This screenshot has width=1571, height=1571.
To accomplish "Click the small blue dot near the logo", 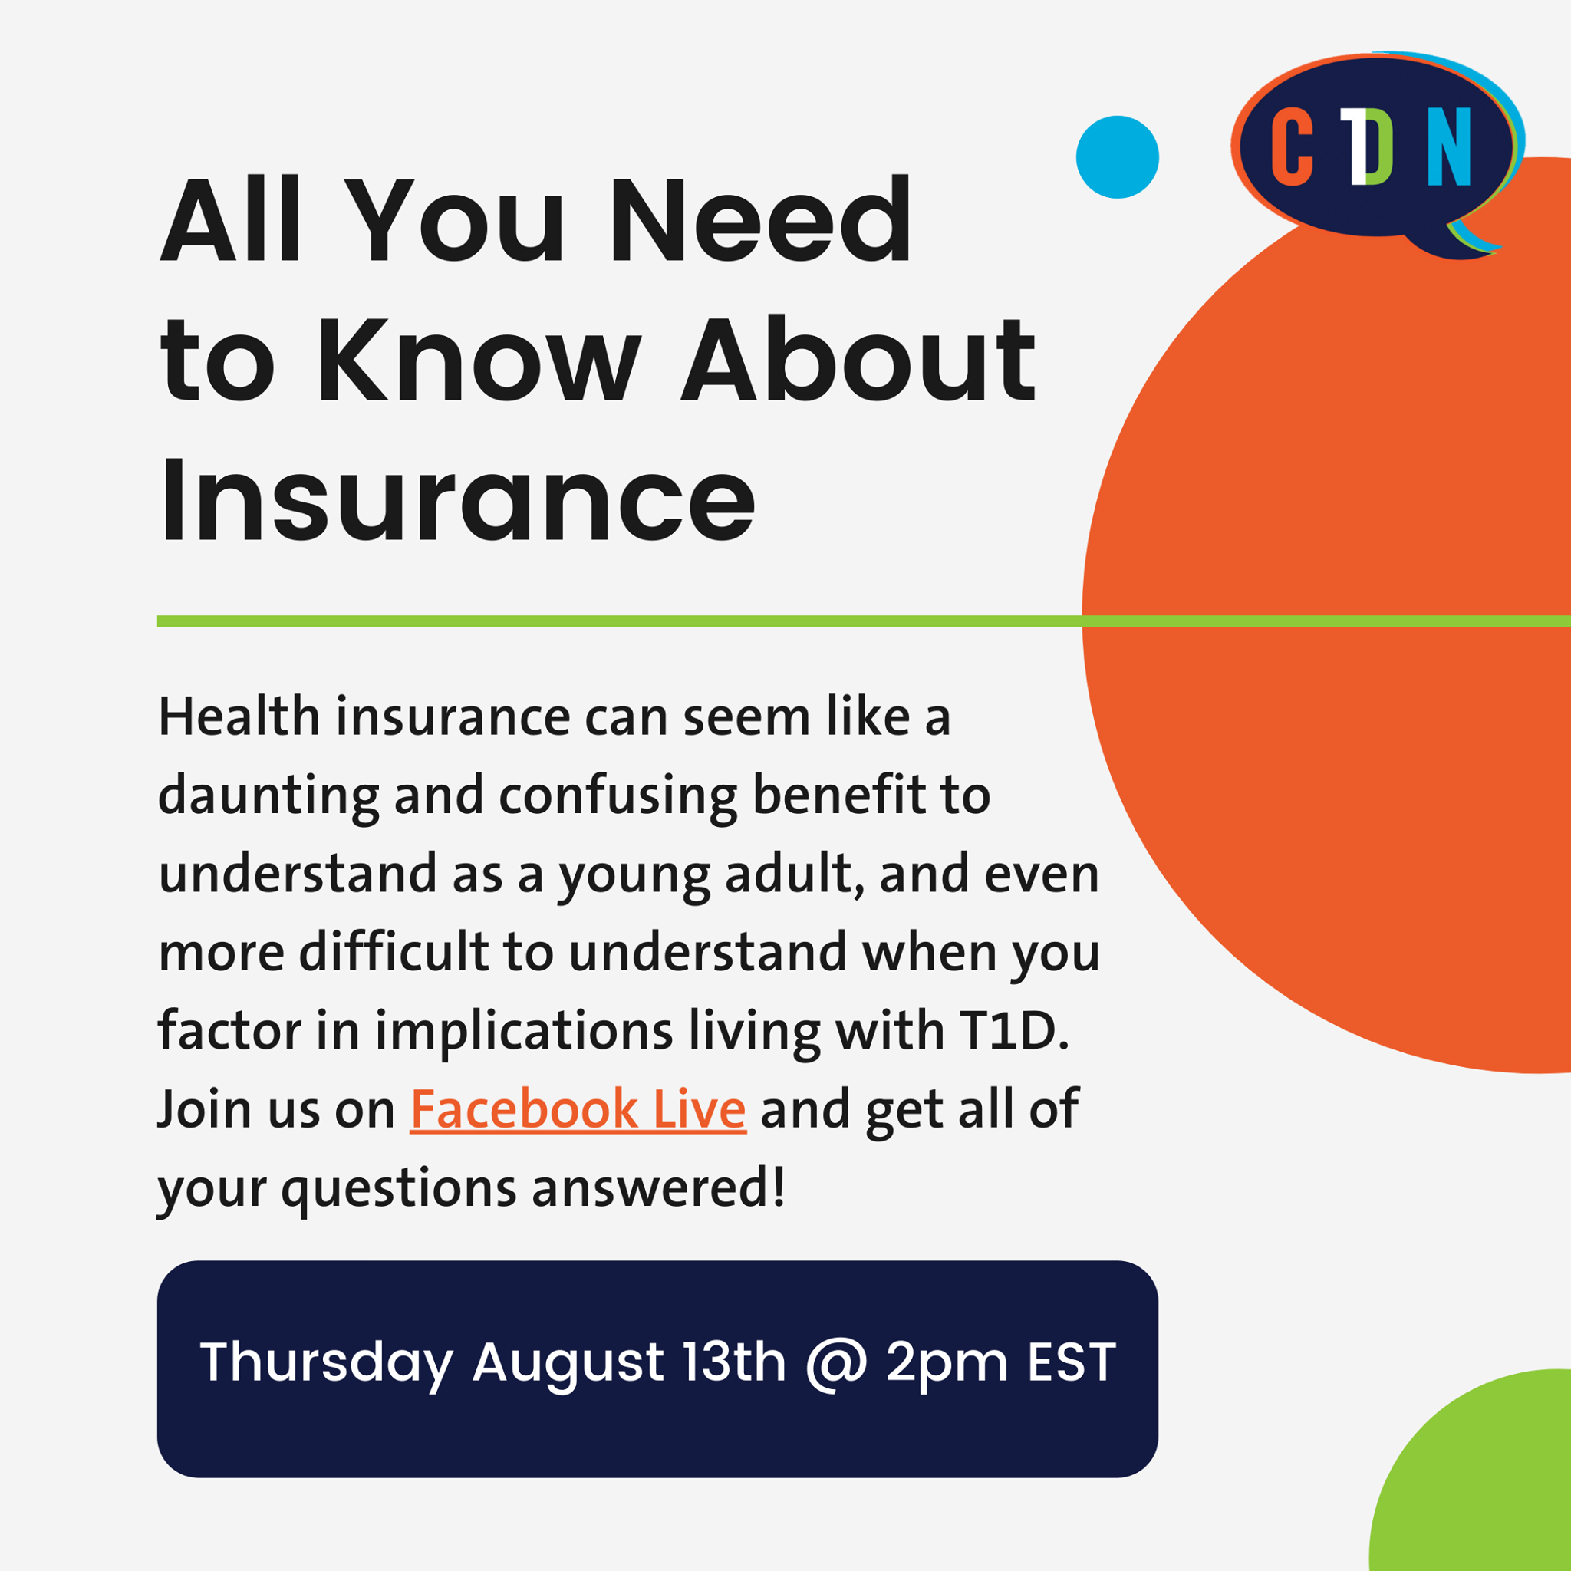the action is (x=1117, y=157).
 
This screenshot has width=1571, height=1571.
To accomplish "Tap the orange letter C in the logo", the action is (x=1292, y=147).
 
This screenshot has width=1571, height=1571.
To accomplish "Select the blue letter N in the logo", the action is (x=1449, y=147).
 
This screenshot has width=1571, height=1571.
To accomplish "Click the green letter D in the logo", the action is (x=1379, y=147).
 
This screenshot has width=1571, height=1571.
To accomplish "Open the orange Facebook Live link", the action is (x=578, y=1109).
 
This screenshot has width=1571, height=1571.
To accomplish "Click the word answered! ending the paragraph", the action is (x=659, y=1188).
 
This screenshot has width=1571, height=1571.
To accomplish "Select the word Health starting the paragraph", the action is (x=239, y=716).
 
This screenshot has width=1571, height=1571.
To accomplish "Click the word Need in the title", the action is (x=761, y=220).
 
